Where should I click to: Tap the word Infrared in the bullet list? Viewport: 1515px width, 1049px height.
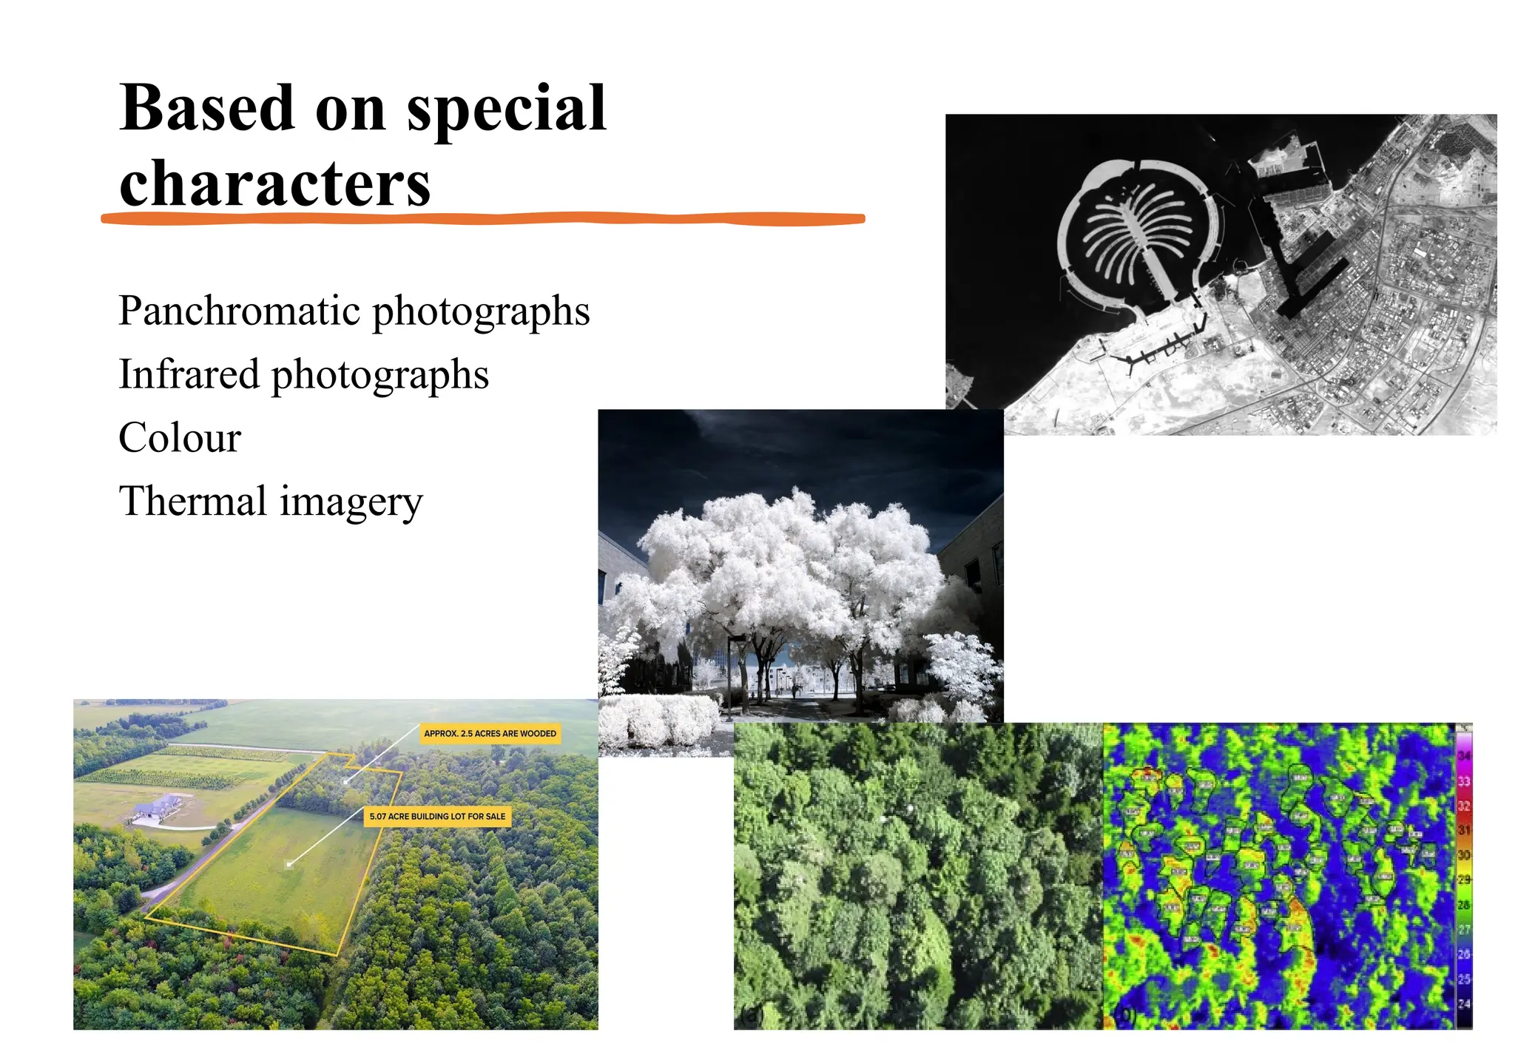click(x=188, y=374)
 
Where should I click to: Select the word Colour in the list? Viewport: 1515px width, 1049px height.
click(x=180, y=438)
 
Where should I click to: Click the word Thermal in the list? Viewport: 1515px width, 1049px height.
click(x=193, y=501)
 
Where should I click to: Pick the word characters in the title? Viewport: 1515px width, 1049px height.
click(x=274, y=183)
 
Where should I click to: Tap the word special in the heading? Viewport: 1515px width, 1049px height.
click(x=506, y=109)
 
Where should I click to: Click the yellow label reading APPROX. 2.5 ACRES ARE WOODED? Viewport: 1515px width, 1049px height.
click(x=490, y=734)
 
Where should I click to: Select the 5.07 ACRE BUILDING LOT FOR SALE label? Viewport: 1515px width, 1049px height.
click(x=437, y=817)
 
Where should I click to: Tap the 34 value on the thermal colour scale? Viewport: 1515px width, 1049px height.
click(x=1464, y=756)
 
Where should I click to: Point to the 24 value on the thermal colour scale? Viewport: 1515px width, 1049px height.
click(x=1464, y=1004)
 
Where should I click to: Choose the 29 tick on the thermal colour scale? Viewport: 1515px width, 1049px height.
click(x=1464, y=880)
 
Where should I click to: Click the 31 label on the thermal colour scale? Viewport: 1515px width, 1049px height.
click(x=1464, y=830)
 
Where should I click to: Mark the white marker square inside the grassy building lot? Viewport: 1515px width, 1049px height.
click(x=290, y=863)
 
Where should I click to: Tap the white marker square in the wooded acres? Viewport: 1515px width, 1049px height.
click(x=345, y=780)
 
